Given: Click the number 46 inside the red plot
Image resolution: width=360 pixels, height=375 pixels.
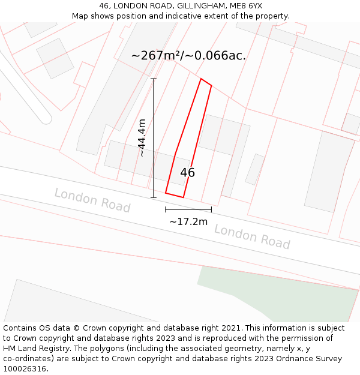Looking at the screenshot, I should [187, 173].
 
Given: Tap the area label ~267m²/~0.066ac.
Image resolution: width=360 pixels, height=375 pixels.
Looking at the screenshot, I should [188, 56].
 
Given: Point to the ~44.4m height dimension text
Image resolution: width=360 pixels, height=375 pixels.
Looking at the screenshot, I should [142, 138].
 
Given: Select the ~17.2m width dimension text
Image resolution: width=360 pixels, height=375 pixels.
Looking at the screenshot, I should [188, 222].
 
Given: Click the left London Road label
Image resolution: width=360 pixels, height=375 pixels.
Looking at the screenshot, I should [92, 200].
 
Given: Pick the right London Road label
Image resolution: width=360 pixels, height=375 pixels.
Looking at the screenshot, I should [252, 236].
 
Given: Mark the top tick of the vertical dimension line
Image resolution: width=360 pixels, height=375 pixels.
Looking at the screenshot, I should [154, 79].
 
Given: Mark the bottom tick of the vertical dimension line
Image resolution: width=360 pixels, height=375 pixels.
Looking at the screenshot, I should [154, 197].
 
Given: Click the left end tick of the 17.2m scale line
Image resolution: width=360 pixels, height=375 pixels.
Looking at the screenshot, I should [166, 209].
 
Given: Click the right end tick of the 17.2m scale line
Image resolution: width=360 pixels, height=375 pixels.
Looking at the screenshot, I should [211, 209].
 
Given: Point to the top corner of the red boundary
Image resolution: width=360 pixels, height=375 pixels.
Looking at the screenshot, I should [201, 79].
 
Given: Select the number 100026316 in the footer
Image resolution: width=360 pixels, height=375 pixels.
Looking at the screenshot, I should [25, 369].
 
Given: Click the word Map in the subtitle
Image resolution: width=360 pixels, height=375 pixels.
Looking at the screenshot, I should [81, 16].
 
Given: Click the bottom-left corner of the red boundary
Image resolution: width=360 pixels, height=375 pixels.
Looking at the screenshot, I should [166, 193].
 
